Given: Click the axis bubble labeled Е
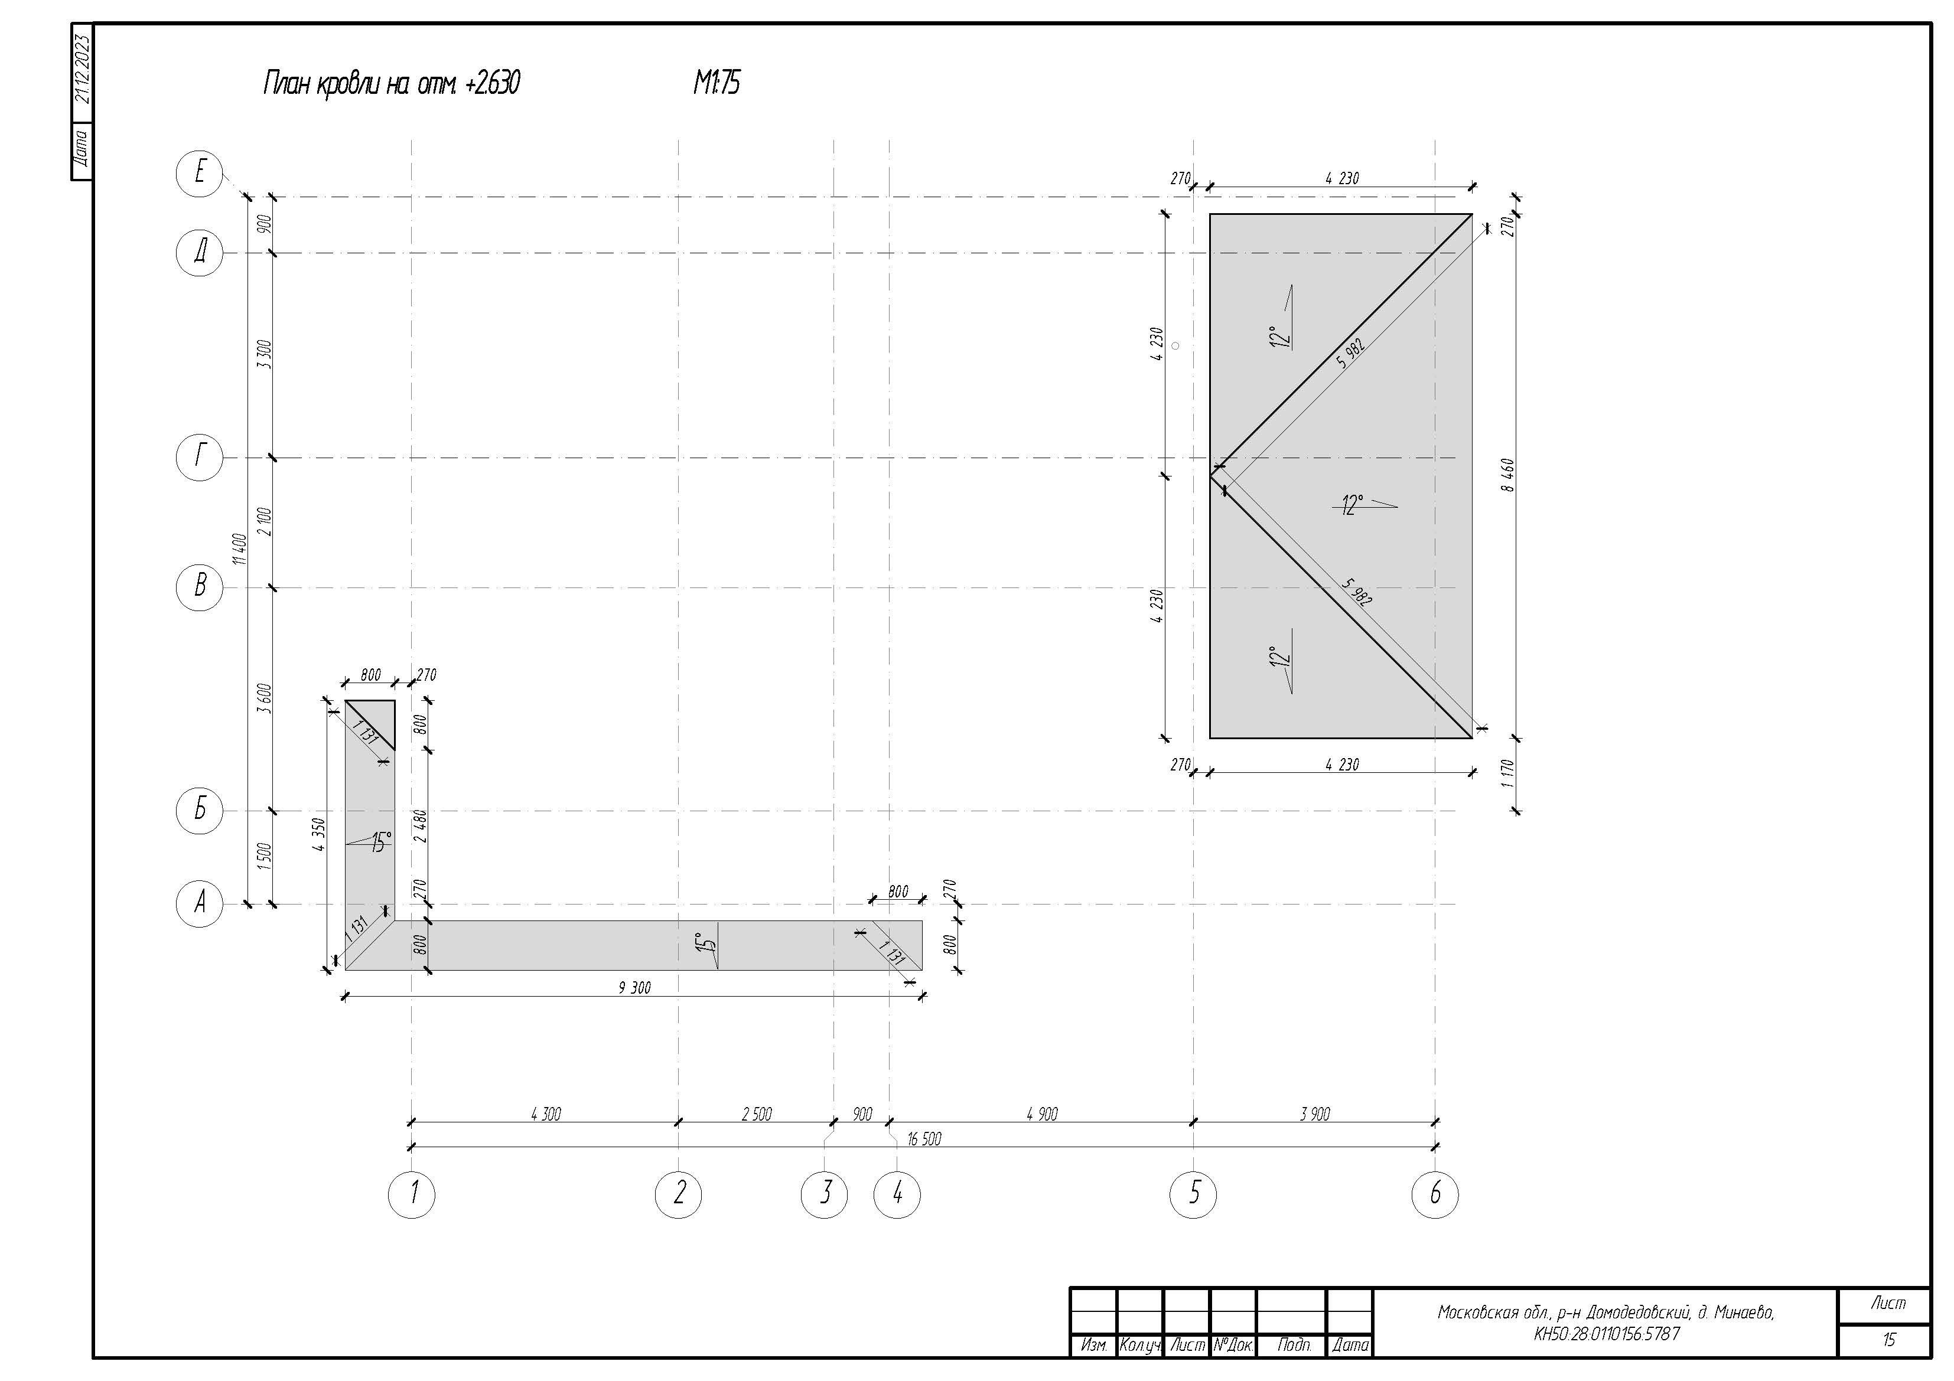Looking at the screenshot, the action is coord(199,173).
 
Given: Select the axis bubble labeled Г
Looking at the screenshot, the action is coord(199,458).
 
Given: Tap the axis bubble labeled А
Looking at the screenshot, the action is coord(199,903).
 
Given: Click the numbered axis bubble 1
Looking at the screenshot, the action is coord(412,1194).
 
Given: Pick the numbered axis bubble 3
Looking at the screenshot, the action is coord(825,1194).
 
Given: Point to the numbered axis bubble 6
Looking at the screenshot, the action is coord(1435,1194).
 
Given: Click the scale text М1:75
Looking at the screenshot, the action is coord(717,83).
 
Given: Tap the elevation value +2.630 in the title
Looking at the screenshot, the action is coord(493,83).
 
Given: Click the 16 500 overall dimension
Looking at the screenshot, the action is coord(924,1138).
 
